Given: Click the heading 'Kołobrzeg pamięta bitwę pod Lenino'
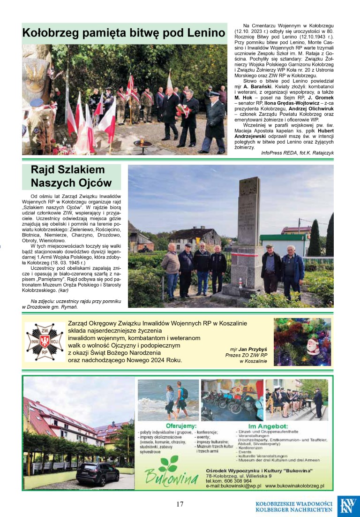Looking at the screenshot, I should pos(124,33).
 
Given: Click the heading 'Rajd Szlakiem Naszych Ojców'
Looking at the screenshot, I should pos(71,176).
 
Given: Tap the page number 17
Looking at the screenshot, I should pos(180,504).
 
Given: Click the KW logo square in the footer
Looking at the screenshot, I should pos(348,506).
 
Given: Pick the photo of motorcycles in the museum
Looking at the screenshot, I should pos(232,399).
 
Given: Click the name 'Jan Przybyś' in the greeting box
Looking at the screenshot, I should pos(253,350).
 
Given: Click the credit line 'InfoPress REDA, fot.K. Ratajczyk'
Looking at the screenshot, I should pos(297,153).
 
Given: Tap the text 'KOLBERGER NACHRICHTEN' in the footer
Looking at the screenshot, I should pos(294,509).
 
